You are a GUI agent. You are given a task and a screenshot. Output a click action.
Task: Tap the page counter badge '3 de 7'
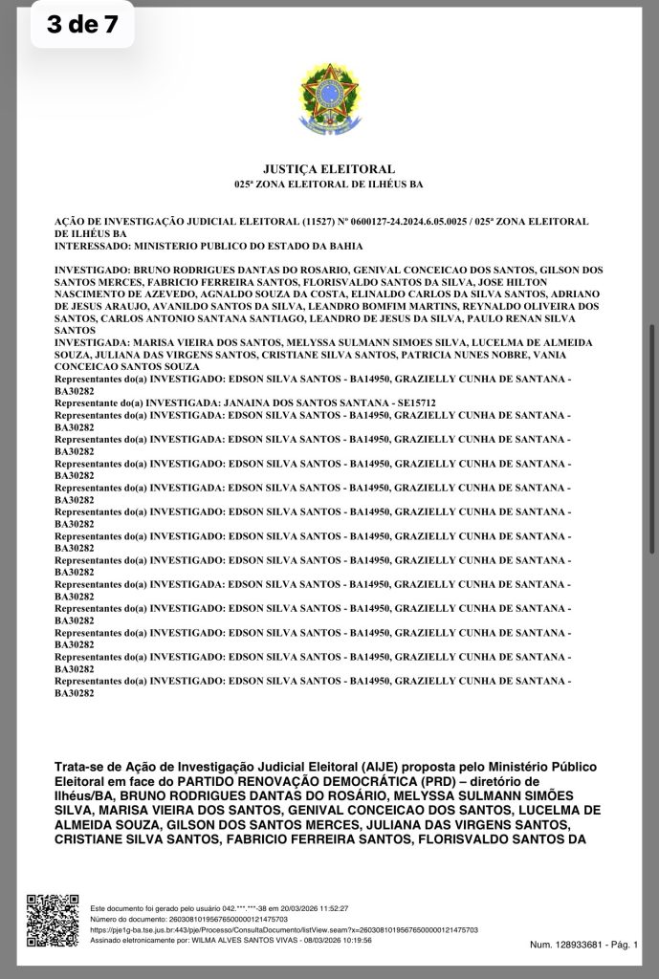82,25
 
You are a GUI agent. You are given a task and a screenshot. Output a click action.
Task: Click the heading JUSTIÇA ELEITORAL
329,169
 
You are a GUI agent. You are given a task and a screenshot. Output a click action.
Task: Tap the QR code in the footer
52,919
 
